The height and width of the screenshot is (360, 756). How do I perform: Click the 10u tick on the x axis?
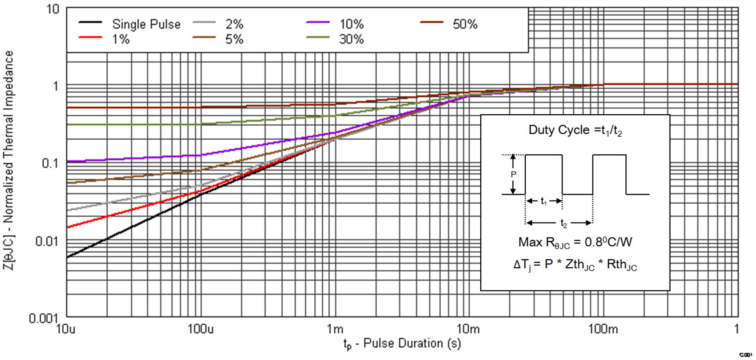tap(66, 329)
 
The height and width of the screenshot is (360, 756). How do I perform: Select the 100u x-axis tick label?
tap(200, 329)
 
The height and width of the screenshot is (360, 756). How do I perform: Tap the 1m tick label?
tap(335, 329)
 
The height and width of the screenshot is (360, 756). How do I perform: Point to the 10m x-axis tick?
tap(468, 329)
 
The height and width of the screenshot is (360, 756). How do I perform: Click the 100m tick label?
tap(603, 329)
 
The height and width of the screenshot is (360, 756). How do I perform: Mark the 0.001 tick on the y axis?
tap(43, 319)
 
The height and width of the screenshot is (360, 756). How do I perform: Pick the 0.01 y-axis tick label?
tap(47, 241)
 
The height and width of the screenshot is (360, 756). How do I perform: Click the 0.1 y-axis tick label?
tap(50, 164)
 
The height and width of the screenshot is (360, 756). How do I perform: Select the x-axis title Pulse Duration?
tap(402, 343)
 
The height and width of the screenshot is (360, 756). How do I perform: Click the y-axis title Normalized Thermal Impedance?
tap(8, 160)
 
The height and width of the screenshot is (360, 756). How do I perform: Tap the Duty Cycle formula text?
tap(575, 130)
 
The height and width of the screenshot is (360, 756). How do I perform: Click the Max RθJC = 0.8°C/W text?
tap(575, 243)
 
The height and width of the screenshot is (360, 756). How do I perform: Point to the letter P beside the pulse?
tap(513, 174)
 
